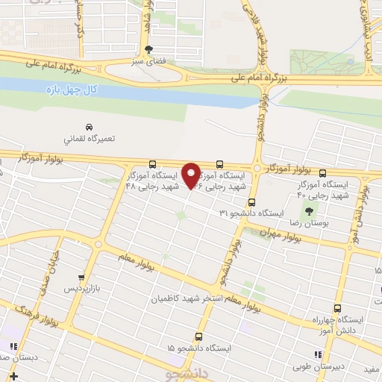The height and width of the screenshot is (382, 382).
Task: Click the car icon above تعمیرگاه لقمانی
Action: [x=89, y=126]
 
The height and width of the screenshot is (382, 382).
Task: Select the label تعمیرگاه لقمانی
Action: [x=89, y=139]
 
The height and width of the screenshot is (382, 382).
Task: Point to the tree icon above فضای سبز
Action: [x=149, y=49]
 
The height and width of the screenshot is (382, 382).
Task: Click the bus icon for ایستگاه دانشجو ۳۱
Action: [x=251, y=202]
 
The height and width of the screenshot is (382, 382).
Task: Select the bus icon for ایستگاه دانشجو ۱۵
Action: [x=198, y=336]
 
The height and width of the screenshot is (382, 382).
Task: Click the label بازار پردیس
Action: [x=80, y=287]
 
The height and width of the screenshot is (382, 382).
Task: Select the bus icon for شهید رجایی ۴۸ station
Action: [x=152, y=164]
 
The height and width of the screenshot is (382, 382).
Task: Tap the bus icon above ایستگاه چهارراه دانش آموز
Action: [x=338, y=308]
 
